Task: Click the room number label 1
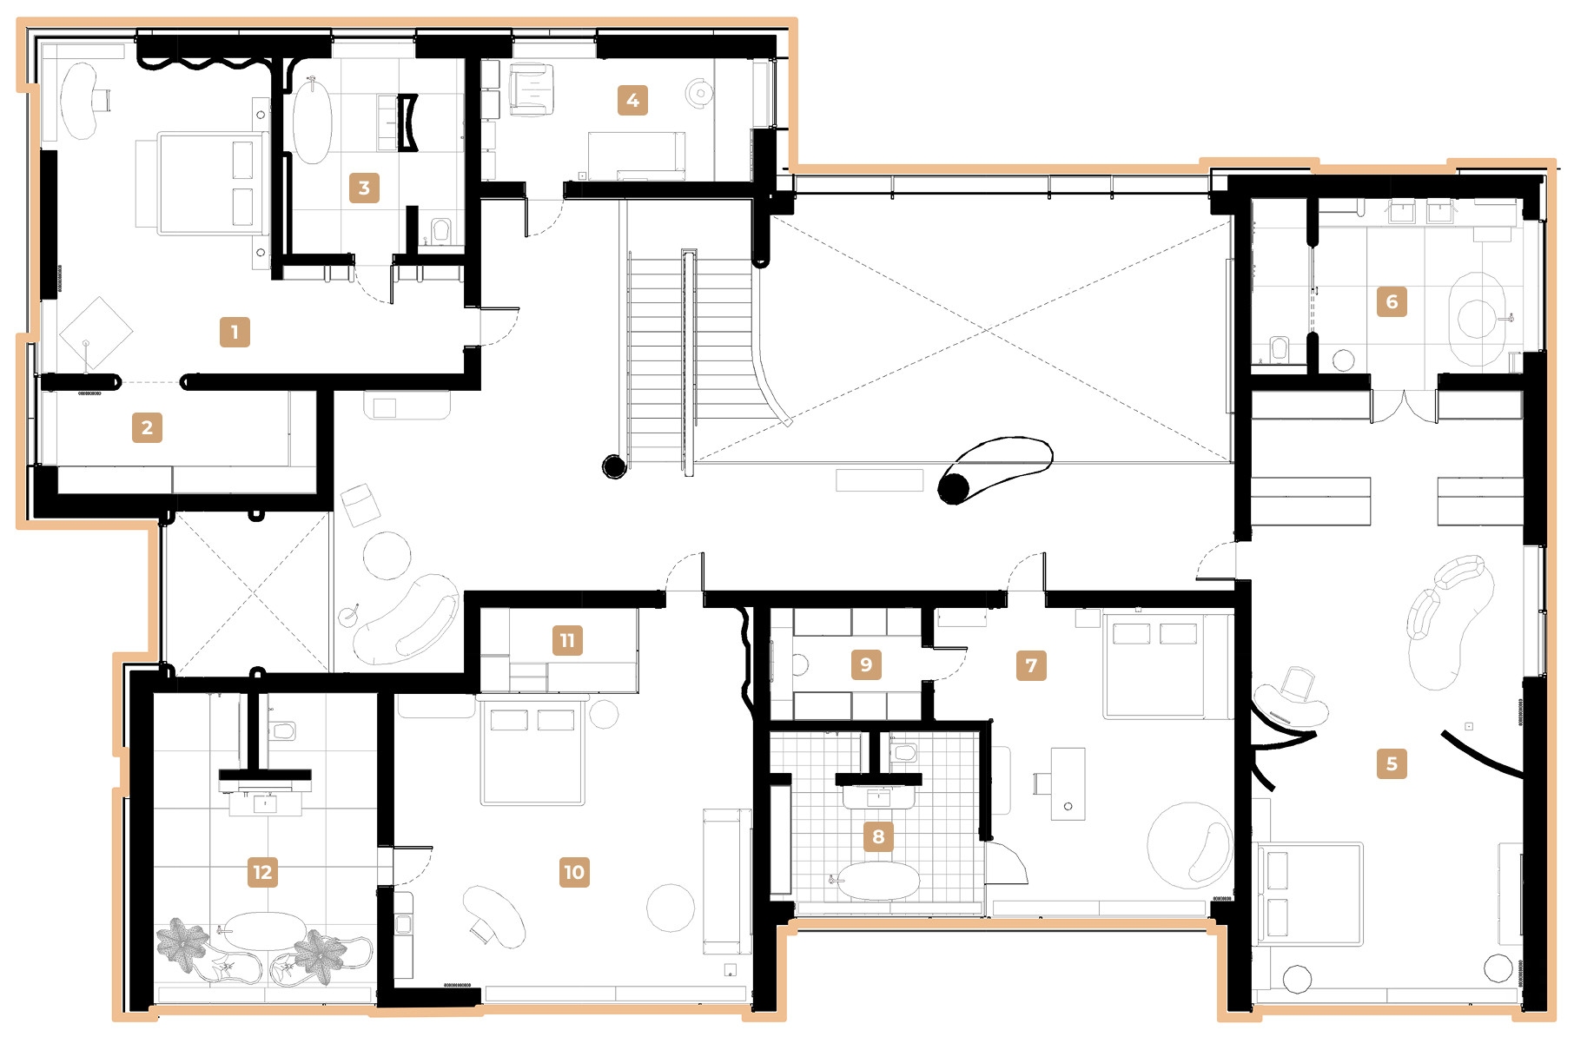coord(235,332)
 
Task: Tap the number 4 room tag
coord(632,100)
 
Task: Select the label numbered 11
coord(567,641)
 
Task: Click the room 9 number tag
coord(865,665)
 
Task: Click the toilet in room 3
coord(441,231)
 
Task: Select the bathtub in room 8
coord(877,880)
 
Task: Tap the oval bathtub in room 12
coord(260,930)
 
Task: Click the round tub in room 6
coord(1477,318)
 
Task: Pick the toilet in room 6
coord(1279,348)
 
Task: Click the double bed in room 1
coord(211,183)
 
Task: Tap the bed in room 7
coord(1167,667)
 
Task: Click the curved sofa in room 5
coord(1445,618)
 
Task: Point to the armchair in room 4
coord(531,89)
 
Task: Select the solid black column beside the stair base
coord(614,466)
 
